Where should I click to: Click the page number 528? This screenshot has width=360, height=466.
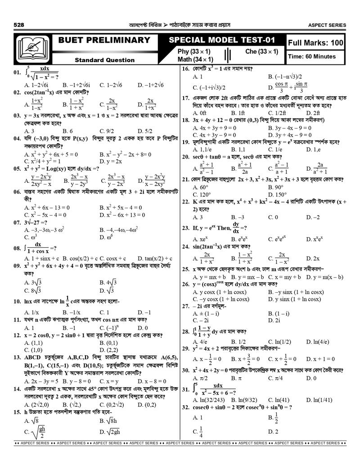(20, 25)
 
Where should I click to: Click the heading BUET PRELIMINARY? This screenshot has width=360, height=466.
(104, 40)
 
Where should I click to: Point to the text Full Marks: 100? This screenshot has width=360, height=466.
(315, 43)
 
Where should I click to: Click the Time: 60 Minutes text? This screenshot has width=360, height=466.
(312, 56)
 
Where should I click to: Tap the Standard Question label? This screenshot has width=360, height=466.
(104, 60)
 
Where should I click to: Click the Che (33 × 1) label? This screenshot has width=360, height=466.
(261, 52)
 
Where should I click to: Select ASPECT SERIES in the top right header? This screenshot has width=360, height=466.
(328, 25)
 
